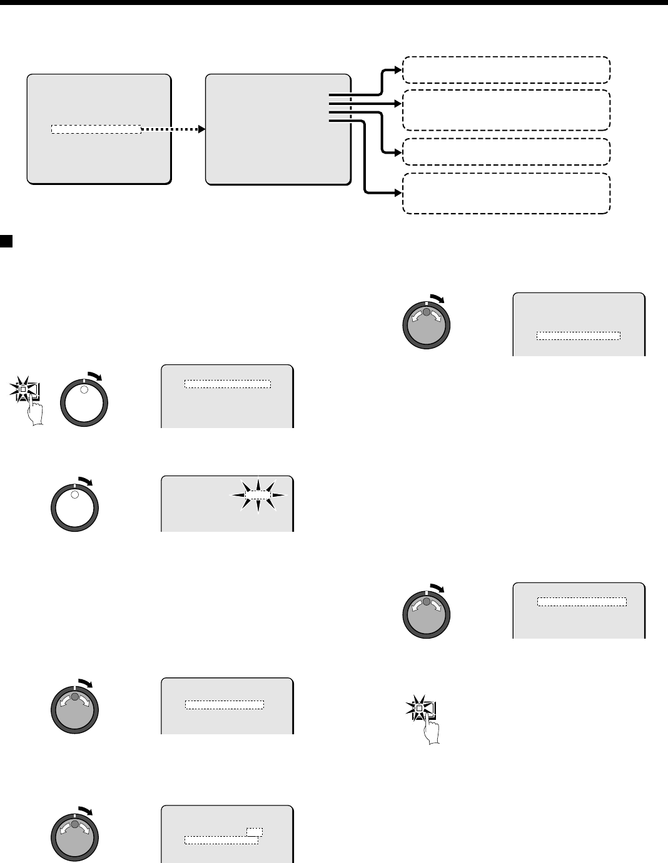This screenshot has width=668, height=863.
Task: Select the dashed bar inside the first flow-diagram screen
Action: [96, 129]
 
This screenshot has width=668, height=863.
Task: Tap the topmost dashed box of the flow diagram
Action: [506, 69]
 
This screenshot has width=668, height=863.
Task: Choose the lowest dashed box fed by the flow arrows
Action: [506, 193]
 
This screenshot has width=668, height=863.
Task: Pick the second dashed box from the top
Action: [506, 110]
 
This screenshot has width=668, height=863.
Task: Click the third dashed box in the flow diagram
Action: [506, 151]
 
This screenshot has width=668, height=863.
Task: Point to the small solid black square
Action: [6, 241]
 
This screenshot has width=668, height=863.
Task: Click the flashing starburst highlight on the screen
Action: [258, 494]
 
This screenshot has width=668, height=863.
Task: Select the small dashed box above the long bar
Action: [255, 832]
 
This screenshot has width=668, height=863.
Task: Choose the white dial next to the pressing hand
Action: [84, 402]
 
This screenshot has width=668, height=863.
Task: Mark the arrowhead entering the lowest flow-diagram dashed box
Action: [398, 193]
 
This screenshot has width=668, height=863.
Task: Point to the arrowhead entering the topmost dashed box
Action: [398, 69]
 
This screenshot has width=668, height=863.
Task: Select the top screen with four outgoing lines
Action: [278, 129]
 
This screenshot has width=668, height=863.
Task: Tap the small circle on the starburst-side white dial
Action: [74, 495]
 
